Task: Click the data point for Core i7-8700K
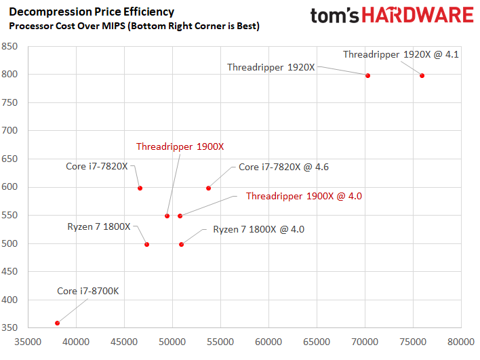(57, 323)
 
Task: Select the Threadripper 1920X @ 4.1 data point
(422, 76)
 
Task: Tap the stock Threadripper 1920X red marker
(367, 76)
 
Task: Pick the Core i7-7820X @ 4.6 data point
(208, 188)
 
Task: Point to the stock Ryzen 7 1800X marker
(147, 244)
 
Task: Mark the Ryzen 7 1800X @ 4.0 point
(181, 244)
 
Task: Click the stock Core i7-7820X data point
(140, 188)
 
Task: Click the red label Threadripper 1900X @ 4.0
(304, 196)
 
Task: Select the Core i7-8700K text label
(88, 291)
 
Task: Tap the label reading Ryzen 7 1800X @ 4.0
(259, 229)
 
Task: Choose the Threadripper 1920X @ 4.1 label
(401, 54)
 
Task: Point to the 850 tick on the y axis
(9, 46)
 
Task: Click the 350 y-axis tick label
(9, 327)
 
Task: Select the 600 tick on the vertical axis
(9, 186)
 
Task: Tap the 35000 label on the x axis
(28, 342)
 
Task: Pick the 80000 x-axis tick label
(461, 342)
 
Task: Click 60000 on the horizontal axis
(268, 342)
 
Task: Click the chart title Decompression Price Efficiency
(92, 12)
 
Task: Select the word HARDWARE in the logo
(418, 15)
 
